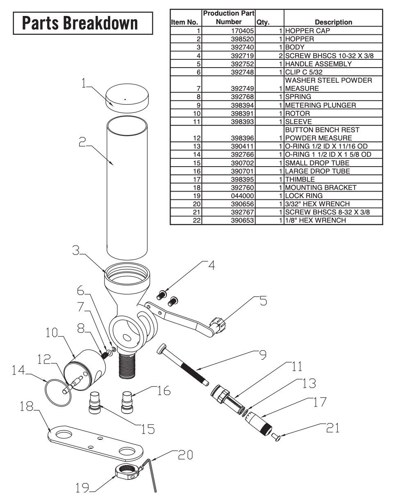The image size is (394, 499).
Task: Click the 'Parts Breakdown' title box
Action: coord(83,23)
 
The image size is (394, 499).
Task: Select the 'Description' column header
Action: coord(333,22)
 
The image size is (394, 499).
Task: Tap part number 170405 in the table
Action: coord(242,31)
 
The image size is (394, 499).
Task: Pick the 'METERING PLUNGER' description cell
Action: coord(320,105)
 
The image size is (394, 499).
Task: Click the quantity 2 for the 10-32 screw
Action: coord(281,56)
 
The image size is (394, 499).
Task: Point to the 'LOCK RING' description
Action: coord(304,196)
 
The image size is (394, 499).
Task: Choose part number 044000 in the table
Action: coord(242,196)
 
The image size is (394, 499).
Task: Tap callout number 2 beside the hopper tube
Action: coord(82,142)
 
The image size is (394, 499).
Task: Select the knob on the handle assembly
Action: coord(218,325)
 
